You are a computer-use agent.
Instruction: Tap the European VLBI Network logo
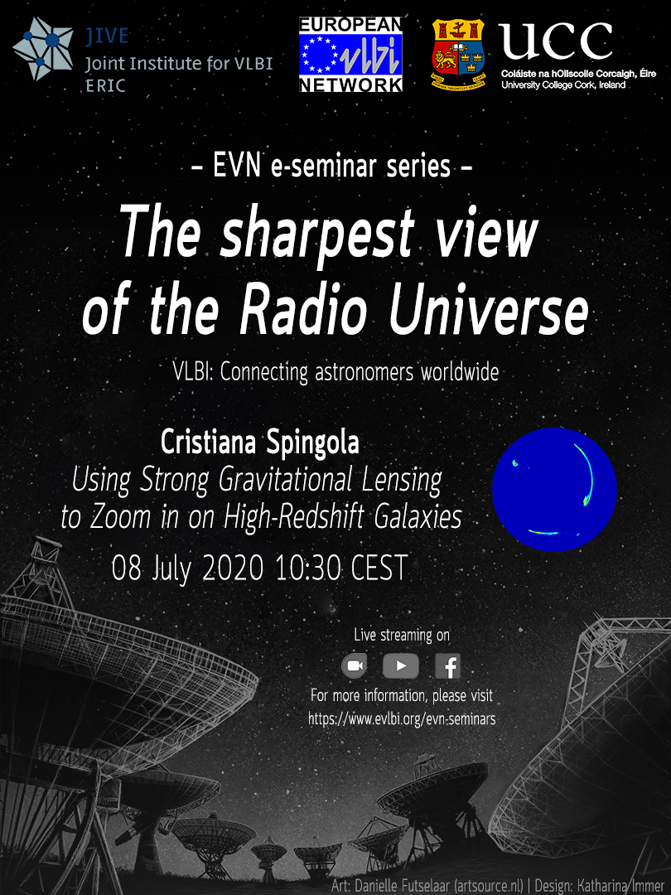tap(350, 54)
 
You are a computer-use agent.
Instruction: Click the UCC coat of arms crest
tap(457, 55)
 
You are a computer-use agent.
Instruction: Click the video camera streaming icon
tap(354, 666)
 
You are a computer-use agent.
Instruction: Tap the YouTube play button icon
tap(400, 666)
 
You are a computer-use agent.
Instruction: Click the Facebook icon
tap(447, 666)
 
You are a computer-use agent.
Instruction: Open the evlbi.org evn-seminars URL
tap(402, 719)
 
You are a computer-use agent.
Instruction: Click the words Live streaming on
tap(402, 636)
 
